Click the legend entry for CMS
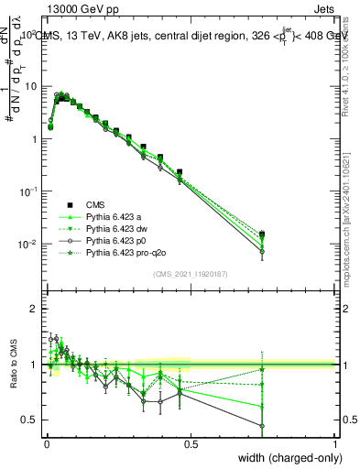coord(98,204)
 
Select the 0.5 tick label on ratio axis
coord(29,420)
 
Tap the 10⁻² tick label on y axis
coord(27,244)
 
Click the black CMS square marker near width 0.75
coord(262,234)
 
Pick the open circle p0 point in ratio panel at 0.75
coord(262,425)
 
